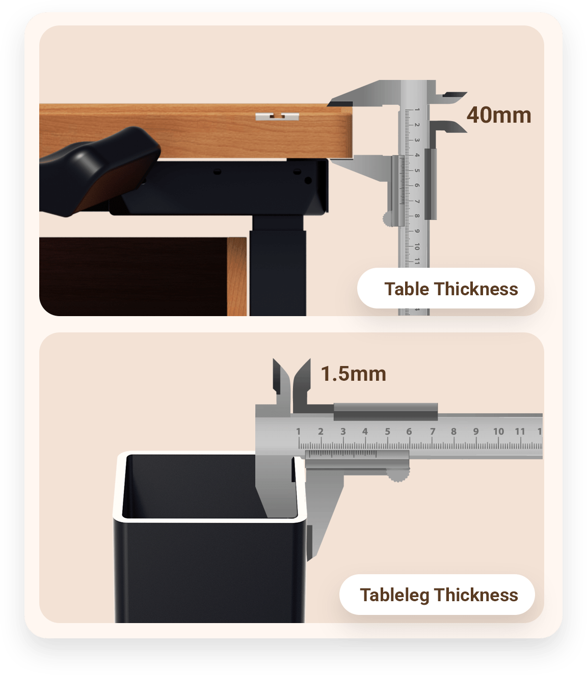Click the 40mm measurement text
point(498,115)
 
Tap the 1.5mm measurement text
point(353,374)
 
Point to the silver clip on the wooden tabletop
point(277,117)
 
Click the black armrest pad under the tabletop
point(99,171)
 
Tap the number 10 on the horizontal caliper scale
point(498,431)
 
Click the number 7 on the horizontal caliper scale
point(432,431)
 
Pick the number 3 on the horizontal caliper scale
point(343,431)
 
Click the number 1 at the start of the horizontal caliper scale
point(298,431)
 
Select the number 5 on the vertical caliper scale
point(417,170)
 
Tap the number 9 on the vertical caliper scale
point(417,231)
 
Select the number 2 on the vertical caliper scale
point(417,125)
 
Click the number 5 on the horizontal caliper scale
point(387,431)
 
